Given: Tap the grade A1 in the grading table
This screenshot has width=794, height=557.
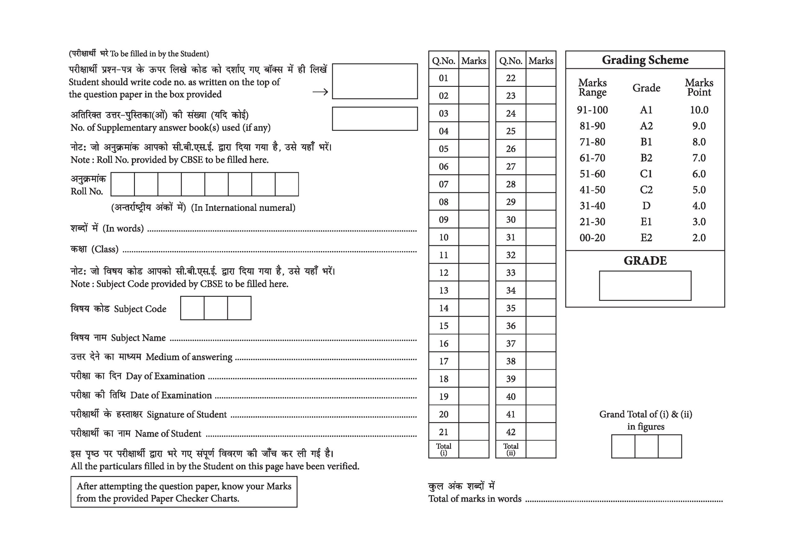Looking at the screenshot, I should pos(646,110).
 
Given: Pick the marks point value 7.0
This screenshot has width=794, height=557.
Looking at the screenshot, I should pos(698,158).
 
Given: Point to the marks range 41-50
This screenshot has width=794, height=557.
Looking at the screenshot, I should pos(592,190).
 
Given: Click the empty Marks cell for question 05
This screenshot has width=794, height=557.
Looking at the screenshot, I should pos(474,149).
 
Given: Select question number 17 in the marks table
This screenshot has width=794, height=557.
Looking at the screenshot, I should pos(444,361).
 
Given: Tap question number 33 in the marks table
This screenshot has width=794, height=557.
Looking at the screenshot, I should pos(511,273).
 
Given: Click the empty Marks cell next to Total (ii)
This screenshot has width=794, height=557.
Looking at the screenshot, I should pos(541,449).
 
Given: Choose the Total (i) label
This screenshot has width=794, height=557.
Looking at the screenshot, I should pos(444,449).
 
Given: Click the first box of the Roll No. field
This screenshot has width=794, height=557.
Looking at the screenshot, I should pos(123,184).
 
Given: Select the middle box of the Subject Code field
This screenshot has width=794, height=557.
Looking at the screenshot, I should pos(216,308).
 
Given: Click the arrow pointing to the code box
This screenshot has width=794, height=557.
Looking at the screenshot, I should pos(320,92).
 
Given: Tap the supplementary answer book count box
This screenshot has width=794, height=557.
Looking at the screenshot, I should pos(375,118).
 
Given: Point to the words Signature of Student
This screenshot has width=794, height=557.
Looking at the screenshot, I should pos(187,415).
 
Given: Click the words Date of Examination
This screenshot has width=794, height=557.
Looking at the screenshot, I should pos(171,395).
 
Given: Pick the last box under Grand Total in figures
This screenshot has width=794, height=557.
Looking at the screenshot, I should pos(670,446).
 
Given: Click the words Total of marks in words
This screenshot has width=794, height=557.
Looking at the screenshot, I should pos(475,499).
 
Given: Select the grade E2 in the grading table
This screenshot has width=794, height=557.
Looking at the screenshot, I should pos(646,238).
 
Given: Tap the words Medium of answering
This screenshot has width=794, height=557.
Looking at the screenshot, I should pos(189,357).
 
